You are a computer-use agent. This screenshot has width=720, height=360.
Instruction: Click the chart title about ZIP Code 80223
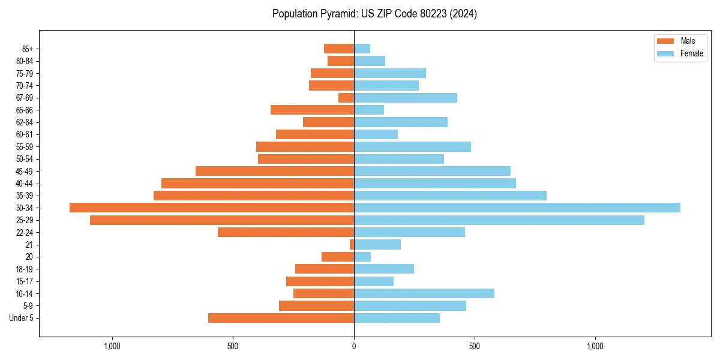click(374, 14)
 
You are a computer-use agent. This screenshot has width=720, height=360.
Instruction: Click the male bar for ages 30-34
click(212, 208)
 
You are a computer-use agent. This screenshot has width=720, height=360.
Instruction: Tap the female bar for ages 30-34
click(517, 208)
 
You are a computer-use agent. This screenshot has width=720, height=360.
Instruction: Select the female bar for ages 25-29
click(499, 220)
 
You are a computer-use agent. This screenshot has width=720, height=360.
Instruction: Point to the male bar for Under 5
click(281, 318)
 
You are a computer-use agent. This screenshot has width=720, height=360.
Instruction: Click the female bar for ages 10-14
click(424, 293)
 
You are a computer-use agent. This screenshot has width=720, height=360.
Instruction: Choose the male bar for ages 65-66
click(312, 110)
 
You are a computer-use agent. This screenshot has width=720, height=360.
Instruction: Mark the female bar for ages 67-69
click(405, 98)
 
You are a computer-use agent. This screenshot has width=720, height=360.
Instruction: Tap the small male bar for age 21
click(352, 245)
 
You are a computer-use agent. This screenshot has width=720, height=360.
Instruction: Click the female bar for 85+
click(362, 49)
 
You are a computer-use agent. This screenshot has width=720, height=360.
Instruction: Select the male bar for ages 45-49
click(275, 171)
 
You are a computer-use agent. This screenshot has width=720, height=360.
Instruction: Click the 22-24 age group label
click(24, 233)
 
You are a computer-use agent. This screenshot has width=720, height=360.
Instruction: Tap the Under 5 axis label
click(22, 318)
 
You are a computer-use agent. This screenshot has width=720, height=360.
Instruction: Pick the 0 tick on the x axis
click(354, 346)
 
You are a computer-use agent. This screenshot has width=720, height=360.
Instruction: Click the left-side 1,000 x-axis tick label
click(112, 346)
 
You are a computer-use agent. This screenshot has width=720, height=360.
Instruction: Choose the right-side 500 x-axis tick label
click(475, 346)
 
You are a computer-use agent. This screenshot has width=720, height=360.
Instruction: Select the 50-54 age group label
click(24, 159)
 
